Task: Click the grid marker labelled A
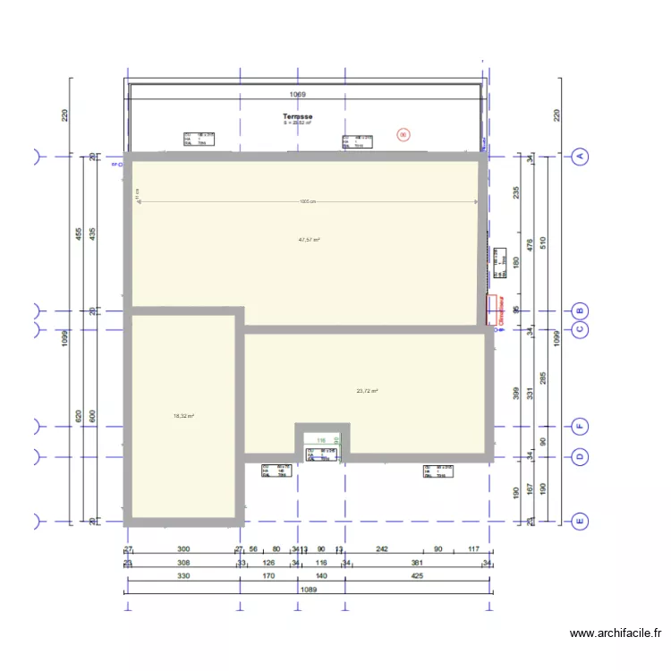pyautogui.click(x=579, y=157)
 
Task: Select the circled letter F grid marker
pyautogui.click(x=579, y=426)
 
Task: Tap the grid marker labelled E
pyautogui.click(x=579, y=520)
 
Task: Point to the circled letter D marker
pyautogui.click(x=579, y=456)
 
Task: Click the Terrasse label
pyautogui.click(x=297, y=117)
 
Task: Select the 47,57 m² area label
pyautogui.click(x=310, y=240)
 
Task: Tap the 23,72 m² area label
pyautogui.click(x=367, y=391)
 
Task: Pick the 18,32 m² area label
pyautogui.click(x=183, y=416)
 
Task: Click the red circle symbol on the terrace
pyautogui.click(x=403, y=135)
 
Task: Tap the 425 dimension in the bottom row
pyautogui.click(x=417, y=577)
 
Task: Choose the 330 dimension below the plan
pyautogui.click(x=183, y=577)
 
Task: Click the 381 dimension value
pyautogui.click(x=417, y=563)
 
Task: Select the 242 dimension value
pyautogui.click(x=381, y=549)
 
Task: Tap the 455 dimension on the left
pyautogui.click(x=79, y=234)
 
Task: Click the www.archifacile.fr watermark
pyautogui.click(x=616, y=633)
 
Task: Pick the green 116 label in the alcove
pyautogui.click(x=321, y=440)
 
